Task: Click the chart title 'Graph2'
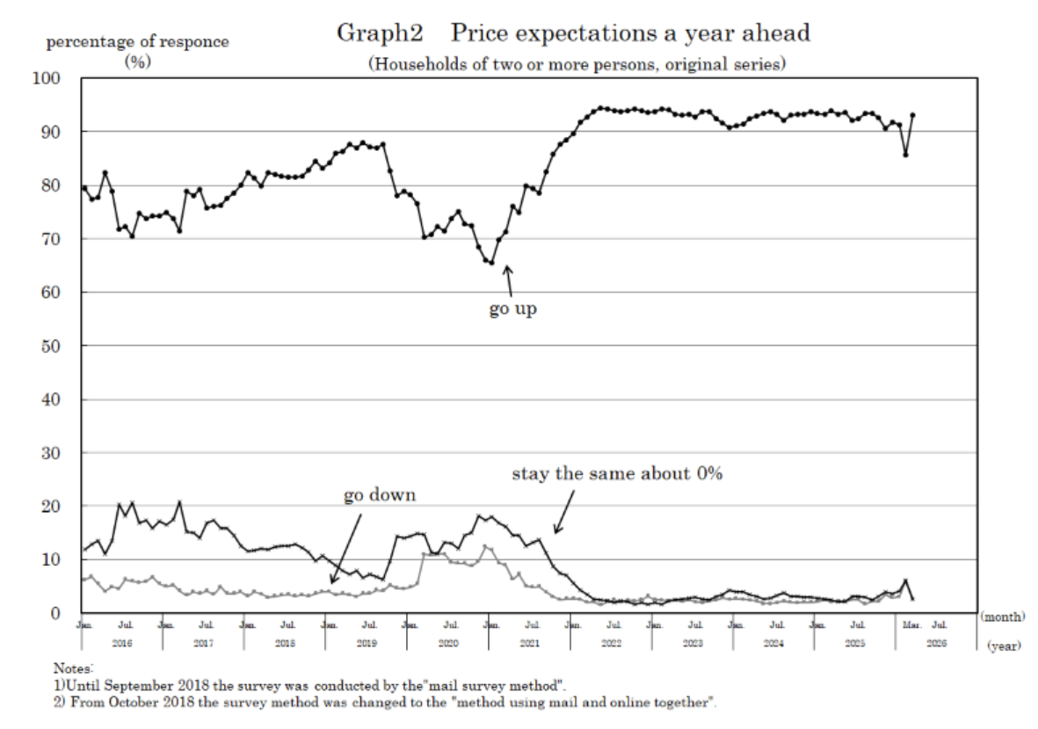380,34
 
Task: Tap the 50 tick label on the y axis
50,346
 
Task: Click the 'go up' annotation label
512,310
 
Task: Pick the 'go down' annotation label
379,495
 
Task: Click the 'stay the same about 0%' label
617,473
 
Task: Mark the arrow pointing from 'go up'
508,280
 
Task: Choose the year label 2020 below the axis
447,644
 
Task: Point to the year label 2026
937,644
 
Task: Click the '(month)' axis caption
1003,617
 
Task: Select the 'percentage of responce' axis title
137,42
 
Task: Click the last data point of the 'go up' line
913,115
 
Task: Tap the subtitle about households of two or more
577,64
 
